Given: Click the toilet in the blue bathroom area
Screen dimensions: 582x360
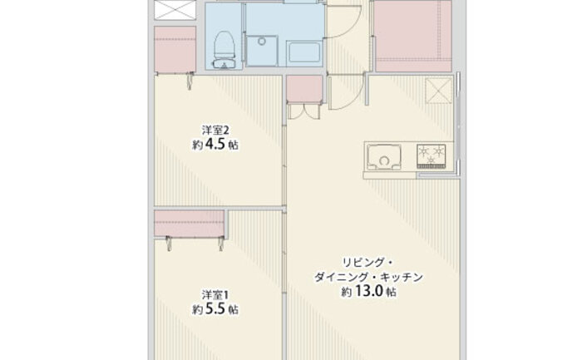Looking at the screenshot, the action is (x=224, y=50).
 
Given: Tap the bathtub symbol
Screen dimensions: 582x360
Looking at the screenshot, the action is (x=304, y=53).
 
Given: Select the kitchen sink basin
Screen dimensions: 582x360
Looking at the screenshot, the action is (x=384, y=157).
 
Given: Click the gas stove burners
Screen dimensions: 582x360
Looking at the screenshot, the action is (x=431, y=155).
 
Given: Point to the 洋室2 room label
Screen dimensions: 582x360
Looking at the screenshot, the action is (x=215, y=131).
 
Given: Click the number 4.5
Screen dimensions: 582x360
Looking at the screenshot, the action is (x=215, y=144).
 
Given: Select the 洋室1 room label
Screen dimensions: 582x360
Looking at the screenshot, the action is (x=215, y=295).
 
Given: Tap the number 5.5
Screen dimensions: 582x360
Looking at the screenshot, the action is (x=215, y=308).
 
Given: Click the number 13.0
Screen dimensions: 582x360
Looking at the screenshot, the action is (x=369, y=291).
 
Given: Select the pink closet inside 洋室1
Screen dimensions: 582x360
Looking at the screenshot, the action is (x=190, y=224).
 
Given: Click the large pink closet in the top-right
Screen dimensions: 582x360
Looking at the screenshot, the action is (x=413, y=36).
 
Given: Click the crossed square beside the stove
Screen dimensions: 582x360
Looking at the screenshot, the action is (x=439, y=91).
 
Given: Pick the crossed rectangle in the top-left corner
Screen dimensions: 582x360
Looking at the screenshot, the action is (x=175, y=10).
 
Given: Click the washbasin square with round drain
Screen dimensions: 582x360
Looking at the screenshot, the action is (x=262, y=51).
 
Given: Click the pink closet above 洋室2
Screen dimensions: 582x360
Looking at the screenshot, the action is (x=175, y=49).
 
